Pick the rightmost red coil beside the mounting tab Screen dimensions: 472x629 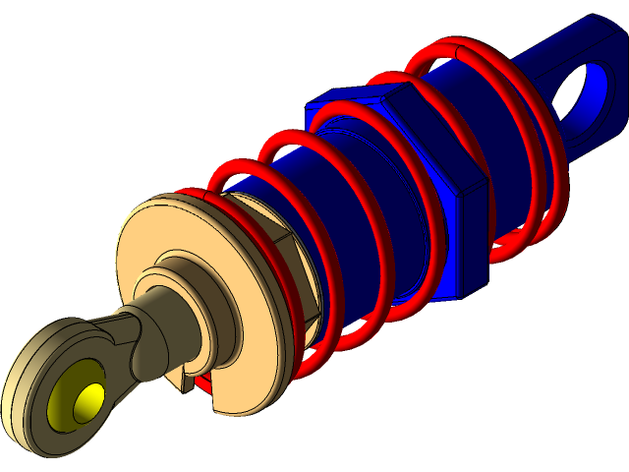click(x=550, y=167)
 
